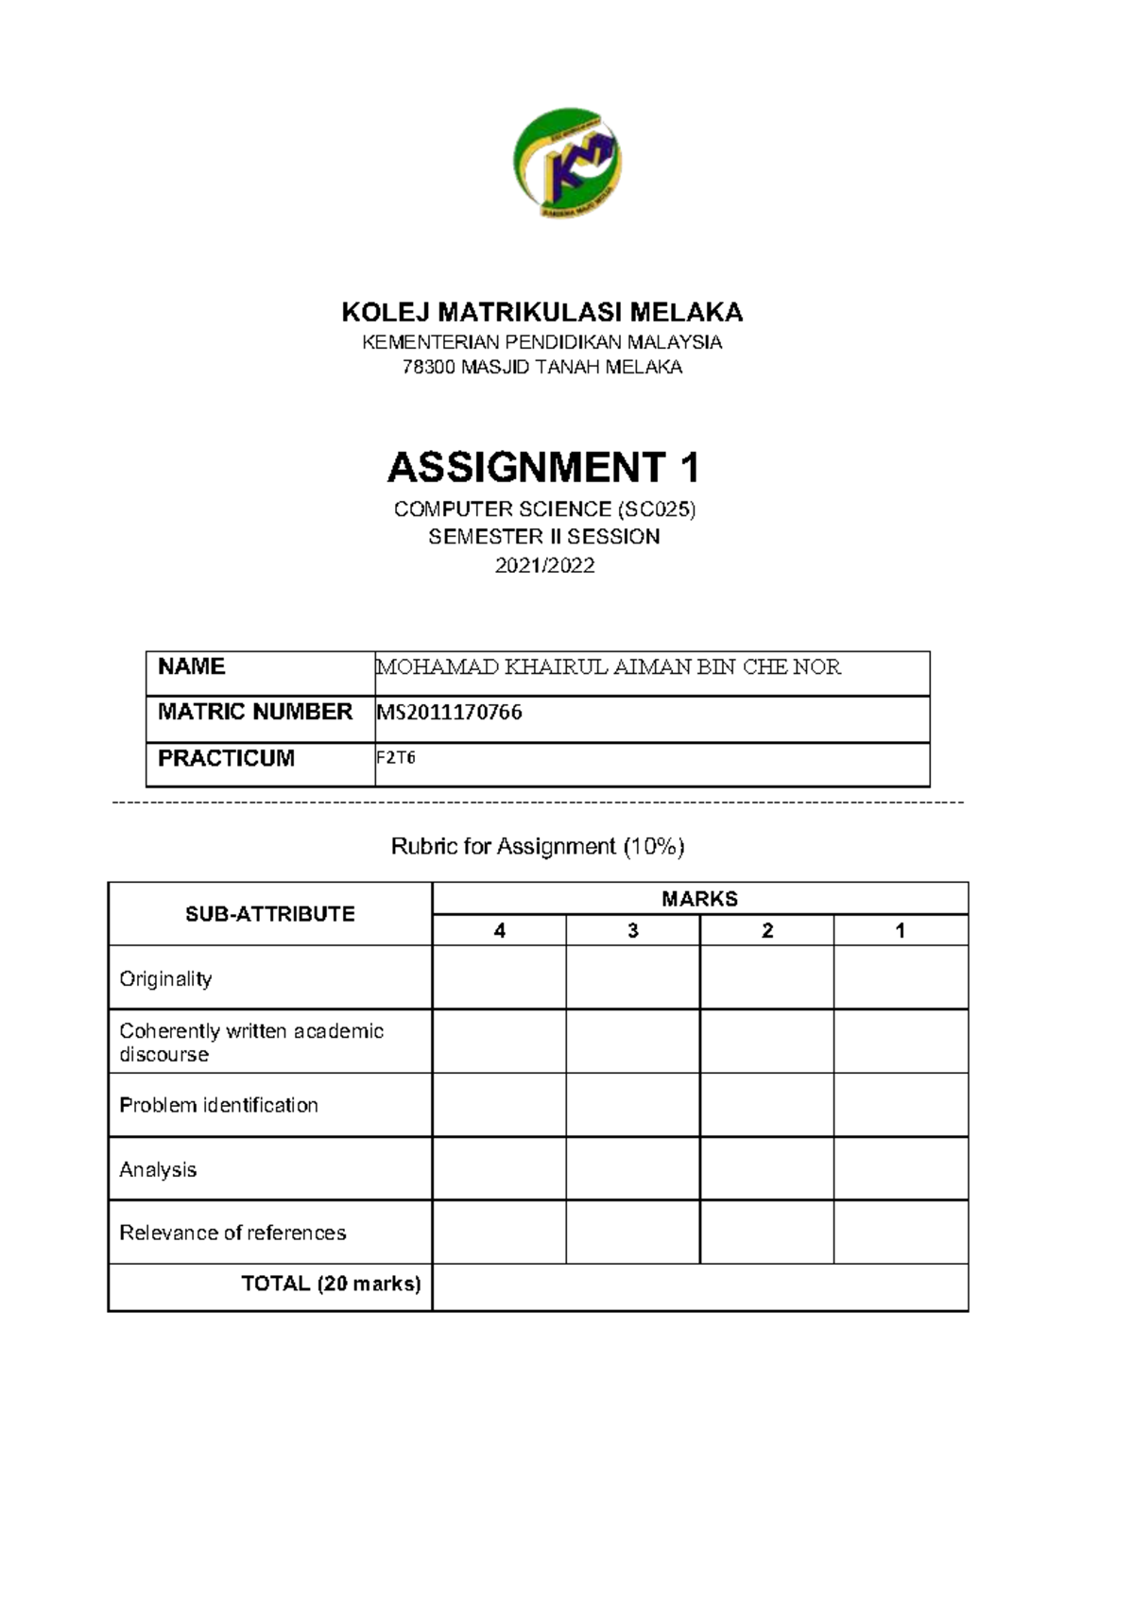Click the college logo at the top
[x=567, y=162]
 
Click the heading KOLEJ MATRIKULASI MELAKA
[x=542, y=312]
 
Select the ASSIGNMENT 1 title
[x=543, y=467]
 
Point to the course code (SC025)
[x=656, y=509]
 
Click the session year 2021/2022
[x=544, y=565]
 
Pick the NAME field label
[x=191, y=666]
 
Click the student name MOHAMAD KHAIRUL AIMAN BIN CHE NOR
[x=608, y=667]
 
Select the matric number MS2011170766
[x=450, y=713]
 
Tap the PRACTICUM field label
[x=226, y=758]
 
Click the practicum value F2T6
[x=396, y=758]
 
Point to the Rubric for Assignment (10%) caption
[x=538, y=846]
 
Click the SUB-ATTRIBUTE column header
[x=270, y=914]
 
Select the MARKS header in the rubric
[x=699, y=899]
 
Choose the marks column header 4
[x=499, y=931]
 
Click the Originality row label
[x=165, y=979]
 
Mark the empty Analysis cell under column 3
[x=632, y=1169]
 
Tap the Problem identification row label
[x=218, y=1105]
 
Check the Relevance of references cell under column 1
[x=901, y=1233]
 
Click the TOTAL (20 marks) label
[x=331, y=1284]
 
